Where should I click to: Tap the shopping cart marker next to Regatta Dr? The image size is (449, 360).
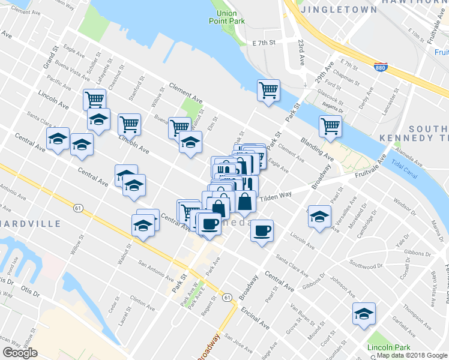[330, 127]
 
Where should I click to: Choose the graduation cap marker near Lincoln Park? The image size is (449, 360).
[363, 314]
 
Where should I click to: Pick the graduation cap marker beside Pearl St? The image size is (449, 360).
[319, 215]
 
